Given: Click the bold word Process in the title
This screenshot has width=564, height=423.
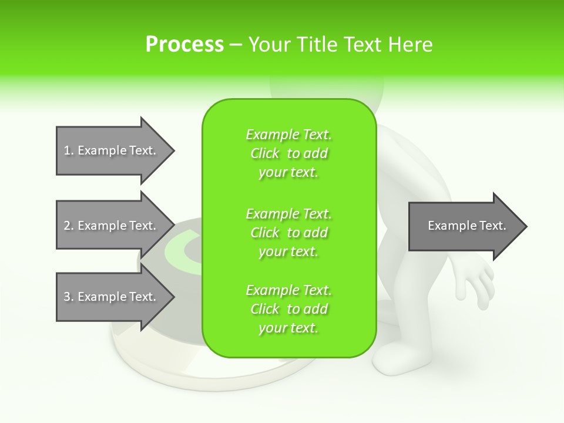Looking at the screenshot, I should [184, 45].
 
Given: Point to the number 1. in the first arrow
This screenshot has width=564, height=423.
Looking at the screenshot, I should [69, 150].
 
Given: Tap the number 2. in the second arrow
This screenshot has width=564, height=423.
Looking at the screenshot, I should [69, 226].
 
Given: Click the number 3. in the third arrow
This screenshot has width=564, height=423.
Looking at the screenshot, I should [69, 297].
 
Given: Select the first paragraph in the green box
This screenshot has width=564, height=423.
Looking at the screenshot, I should [288, 153].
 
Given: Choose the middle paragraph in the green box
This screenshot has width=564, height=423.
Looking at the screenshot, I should [288, 232].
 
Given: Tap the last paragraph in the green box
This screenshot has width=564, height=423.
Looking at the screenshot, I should [288, 309].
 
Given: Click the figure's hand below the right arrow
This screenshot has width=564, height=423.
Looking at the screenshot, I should [479, 282].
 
